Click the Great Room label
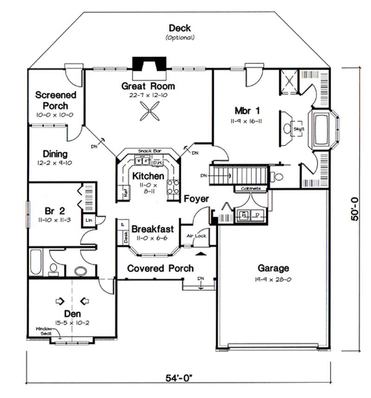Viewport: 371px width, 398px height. pyautogui.click(x=148, y=86)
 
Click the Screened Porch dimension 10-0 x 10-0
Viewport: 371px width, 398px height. pyautogui.click(x=55, y=114)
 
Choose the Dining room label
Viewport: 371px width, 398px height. pyautogui.click(x=55, y=153)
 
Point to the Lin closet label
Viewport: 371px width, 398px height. pyautogui.click(x=88, y=220)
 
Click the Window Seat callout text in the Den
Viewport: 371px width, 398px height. pyautogui.click(x=46, y=331)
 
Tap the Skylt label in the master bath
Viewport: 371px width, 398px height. pyautogui.click(x=299, y=129)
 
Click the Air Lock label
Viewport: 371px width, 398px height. pyautogui.click(x=196, y=235)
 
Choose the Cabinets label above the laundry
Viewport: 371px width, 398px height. pyautogui.click(x=251, y=189)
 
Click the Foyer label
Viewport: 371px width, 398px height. pyautogui.click(x=196, y=199)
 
